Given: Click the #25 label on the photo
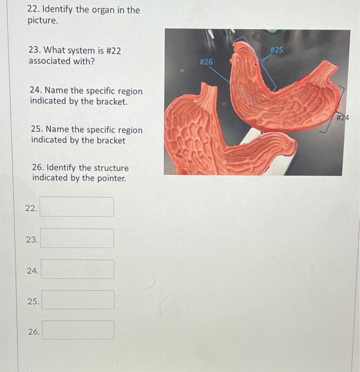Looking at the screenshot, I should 277,50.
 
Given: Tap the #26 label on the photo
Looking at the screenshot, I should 206,62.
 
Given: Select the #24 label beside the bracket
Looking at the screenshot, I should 342,117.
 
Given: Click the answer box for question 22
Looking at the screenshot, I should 78,207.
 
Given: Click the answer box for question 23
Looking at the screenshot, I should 78,239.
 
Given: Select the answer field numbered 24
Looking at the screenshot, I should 78,269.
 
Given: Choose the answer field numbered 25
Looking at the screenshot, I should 78,300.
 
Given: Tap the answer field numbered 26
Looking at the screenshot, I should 78,331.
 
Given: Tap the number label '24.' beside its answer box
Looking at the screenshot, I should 32,271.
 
